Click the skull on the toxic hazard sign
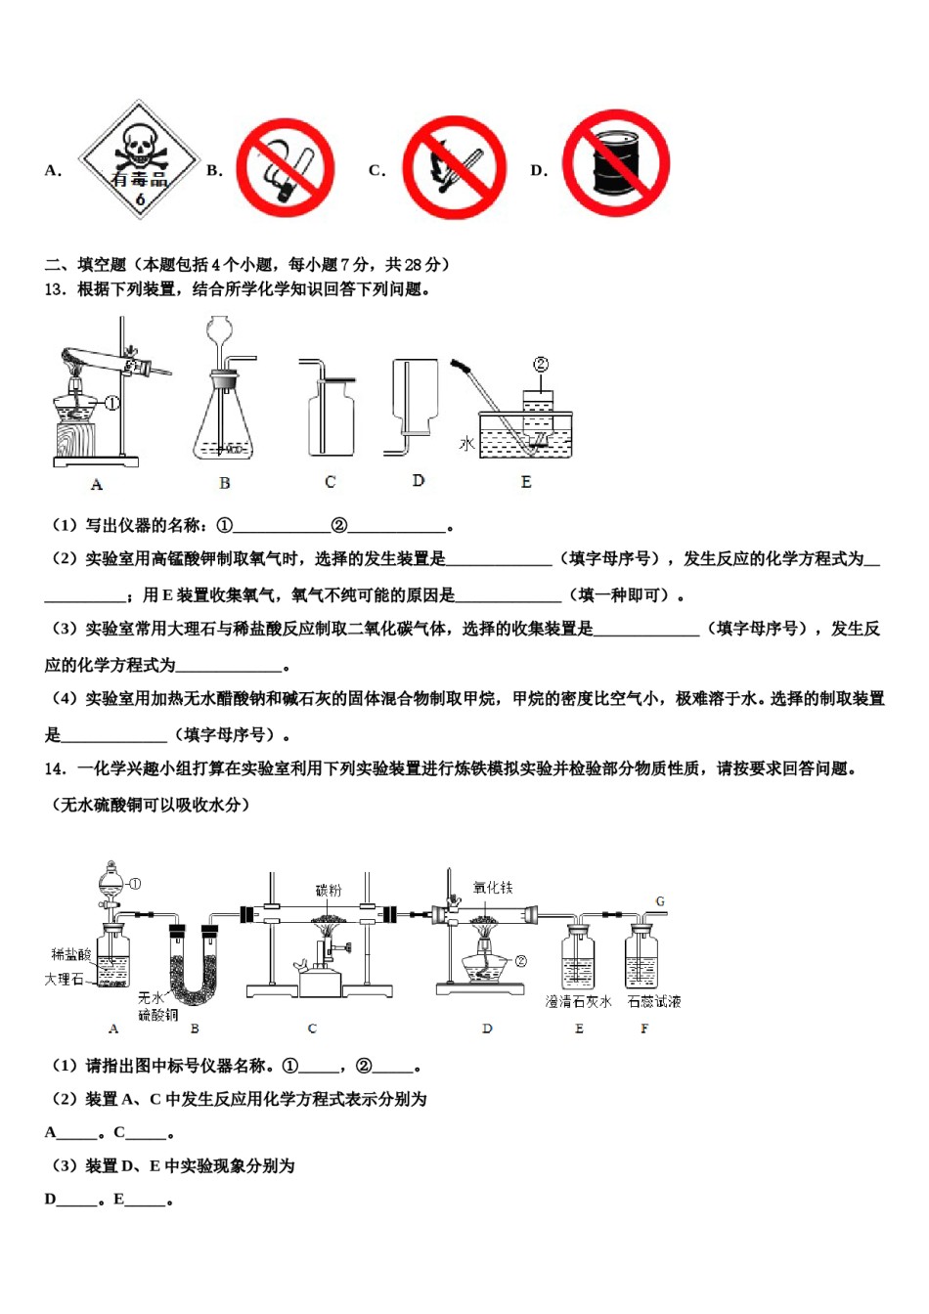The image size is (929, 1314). (x=137, y=147)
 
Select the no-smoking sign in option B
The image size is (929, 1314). (x=286, y=168)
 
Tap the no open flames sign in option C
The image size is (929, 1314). (x=453, y=168)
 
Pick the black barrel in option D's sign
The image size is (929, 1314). (x=615, y=164)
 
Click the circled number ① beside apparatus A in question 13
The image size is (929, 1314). (x=111, y=403)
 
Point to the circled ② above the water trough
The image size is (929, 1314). (x=540, y=365)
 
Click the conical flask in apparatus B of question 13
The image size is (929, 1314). (x=225, y=420)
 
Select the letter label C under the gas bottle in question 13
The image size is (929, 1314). (x=330, y=482)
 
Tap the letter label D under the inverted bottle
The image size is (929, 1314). (x=419, y=481)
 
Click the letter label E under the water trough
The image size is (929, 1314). (x=526, y=482)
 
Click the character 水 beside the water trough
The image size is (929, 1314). (x=467, y=444)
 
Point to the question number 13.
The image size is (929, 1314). (x=55, y=289)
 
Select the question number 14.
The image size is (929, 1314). (x=55, y=768)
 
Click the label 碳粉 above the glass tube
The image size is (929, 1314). (x=328, y=890)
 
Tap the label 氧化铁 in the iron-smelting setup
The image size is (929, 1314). (x=492, y=888)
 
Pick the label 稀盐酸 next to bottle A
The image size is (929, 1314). (x=71, y=954)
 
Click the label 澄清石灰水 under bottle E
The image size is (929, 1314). (x=578, y=1002)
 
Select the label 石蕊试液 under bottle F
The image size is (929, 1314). (x=653, y=1002)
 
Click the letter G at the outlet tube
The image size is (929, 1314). (x=660, y=901)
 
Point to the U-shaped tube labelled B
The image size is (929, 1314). (x=193, y=963)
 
